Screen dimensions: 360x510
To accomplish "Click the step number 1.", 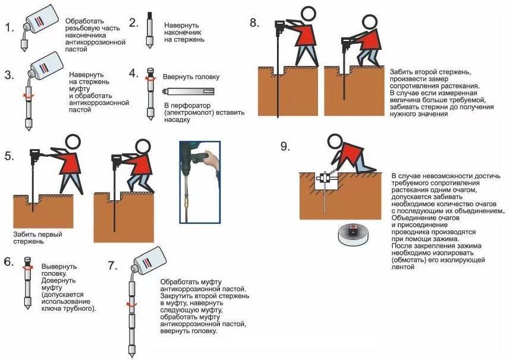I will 8,29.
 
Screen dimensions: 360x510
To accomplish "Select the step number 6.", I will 8,261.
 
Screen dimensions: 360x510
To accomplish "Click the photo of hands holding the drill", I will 200,182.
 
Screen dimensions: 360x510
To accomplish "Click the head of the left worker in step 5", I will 73,142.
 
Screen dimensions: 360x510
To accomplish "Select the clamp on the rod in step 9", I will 326,178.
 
